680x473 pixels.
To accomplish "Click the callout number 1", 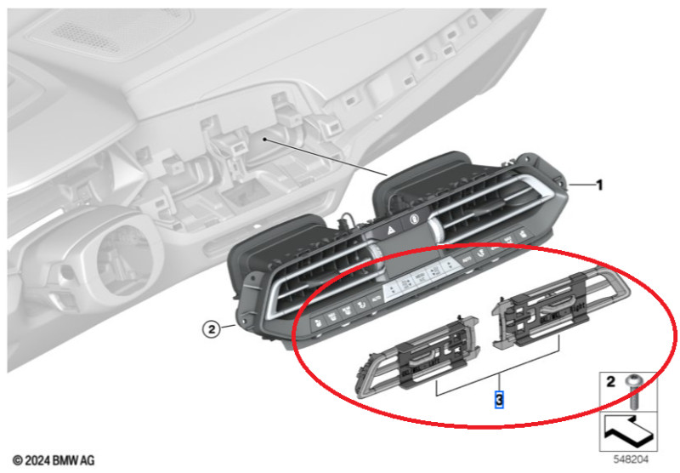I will click(599, 185).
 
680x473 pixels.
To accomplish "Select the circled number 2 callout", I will click(212, 328).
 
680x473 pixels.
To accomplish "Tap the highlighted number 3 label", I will click(499, 398).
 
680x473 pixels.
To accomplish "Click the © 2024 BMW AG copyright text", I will click(54, 460).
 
